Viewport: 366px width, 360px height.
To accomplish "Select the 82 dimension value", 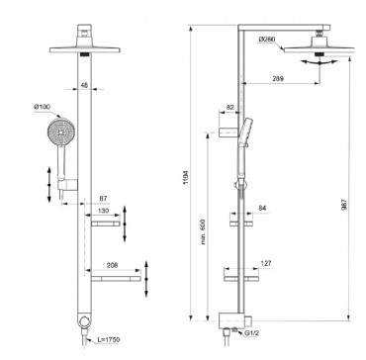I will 230,106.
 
